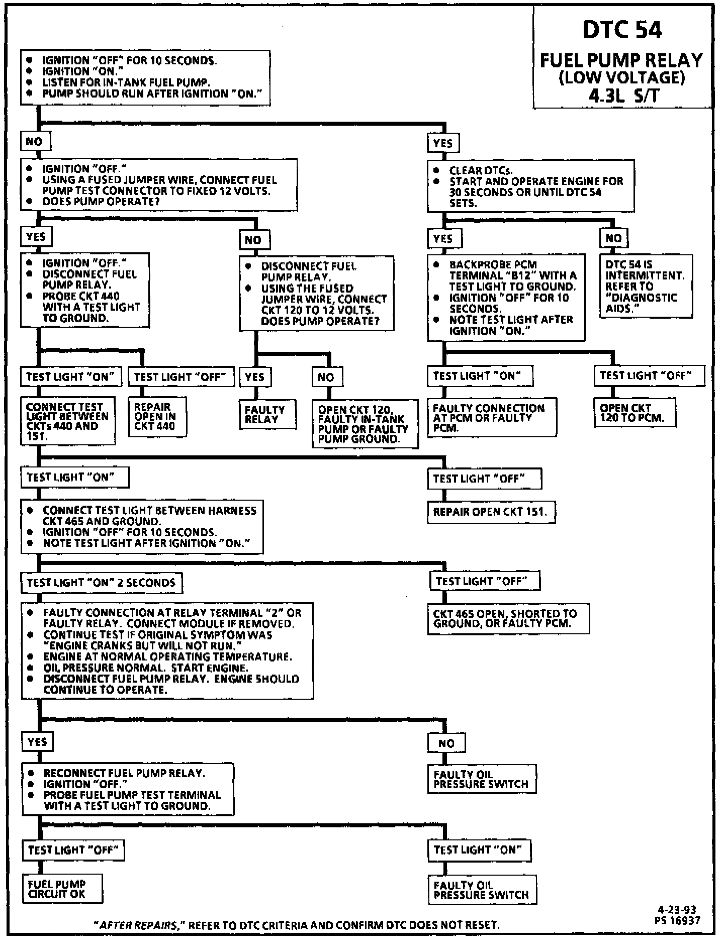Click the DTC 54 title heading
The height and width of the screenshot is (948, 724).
click(x=622, y=30)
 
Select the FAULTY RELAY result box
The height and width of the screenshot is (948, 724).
click(x=267, y=415)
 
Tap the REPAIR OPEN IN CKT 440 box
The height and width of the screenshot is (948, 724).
click(x=157, y=417)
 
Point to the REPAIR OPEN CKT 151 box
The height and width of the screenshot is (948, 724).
click(x=491, y=512)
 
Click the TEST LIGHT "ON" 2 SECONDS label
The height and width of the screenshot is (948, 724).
click(x=102, y=583)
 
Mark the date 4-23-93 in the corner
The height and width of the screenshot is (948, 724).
click(x=677, y=910)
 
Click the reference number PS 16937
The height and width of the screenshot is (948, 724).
click(x=677, y=920)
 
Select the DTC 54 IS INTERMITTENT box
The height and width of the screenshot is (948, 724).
click(x=646, y=286)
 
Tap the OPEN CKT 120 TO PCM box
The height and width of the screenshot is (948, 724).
click(x=635, y=413)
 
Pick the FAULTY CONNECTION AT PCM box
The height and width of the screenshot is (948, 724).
click(x=491, y=418)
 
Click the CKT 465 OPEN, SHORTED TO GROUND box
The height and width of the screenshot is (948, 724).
click(x=508, y=619)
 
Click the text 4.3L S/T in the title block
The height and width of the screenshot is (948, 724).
click(x=622, y=96)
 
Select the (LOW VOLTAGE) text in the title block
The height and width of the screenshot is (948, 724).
click(x=622, y=78)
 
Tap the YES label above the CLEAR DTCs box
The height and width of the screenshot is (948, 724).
click(x=443, y=143)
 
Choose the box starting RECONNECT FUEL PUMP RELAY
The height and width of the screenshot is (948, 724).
click(x=127, y=789)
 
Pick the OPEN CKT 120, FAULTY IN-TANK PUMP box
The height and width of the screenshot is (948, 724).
click(x=365, y=424)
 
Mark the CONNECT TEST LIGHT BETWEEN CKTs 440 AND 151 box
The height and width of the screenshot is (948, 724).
click(x=68, y=421)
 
